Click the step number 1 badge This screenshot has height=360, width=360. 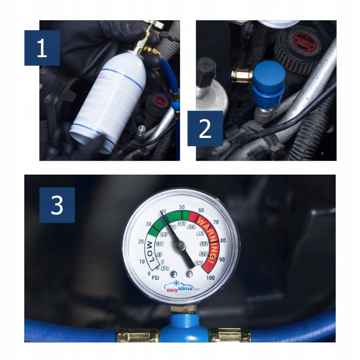tap(42, 48)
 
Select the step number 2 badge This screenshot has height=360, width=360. tap(205, 128)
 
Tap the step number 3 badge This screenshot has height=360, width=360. tap(57, 205)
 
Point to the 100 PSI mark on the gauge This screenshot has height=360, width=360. tap(210, 278)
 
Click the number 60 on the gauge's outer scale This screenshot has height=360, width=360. tap(201, 210)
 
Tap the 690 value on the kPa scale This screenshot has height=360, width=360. tap(198, 263)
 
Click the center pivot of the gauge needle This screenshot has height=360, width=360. tap(181, 245)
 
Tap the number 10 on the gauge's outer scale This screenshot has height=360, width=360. tap(142, 261)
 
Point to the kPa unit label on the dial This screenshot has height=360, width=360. tap(165, 268)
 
